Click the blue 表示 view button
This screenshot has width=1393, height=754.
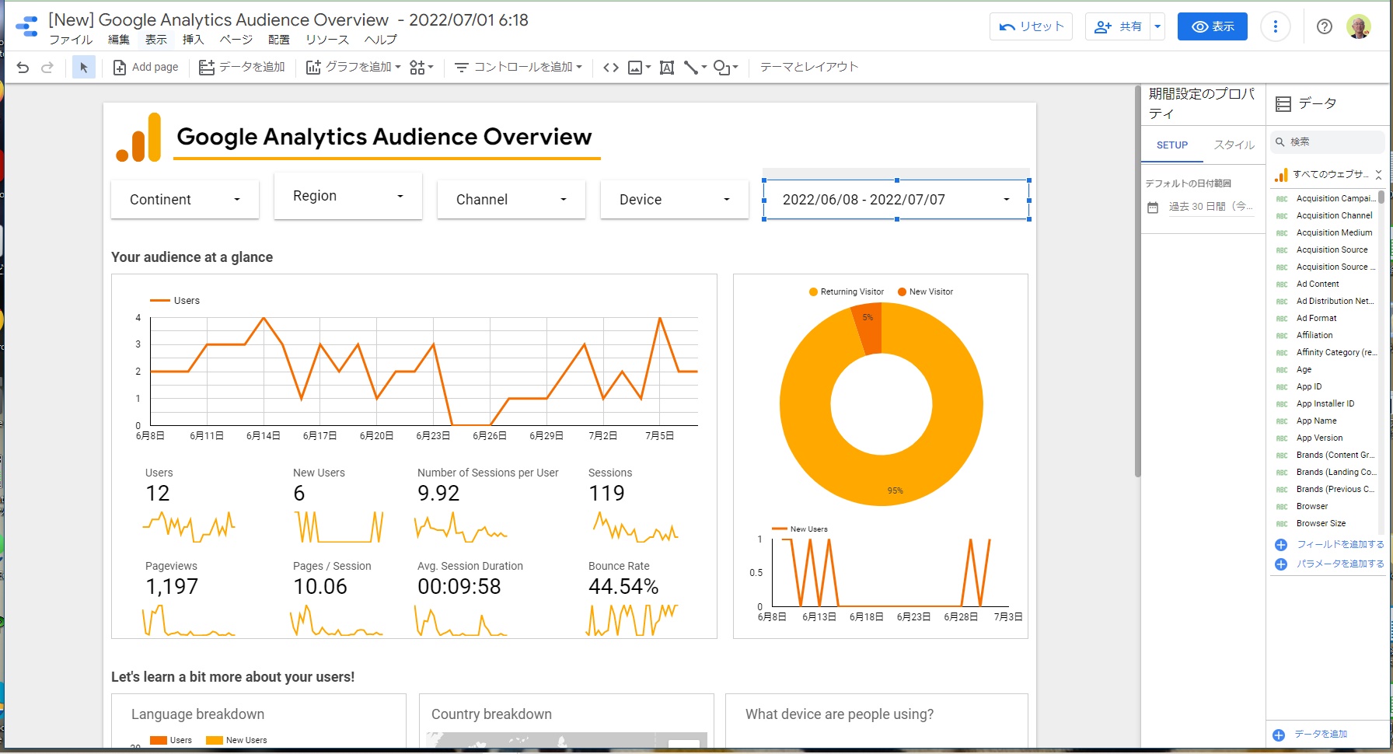(1212, 26)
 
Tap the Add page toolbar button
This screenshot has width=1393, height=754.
(146, 67)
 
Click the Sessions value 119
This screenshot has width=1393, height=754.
(606, 494)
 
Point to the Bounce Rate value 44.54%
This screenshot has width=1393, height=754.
(623, 587)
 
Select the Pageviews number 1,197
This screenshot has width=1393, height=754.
(172, 587)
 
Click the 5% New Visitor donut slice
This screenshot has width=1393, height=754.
(868, 326)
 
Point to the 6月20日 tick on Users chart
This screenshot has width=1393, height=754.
(376, 436)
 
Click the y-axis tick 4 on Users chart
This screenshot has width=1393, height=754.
(138, 318)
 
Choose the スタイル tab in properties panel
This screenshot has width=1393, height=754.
(1234, 145)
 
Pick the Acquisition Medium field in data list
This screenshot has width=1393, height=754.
(1334, 232)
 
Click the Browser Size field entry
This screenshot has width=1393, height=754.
(1321, 523)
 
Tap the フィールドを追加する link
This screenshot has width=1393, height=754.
(1339, 544)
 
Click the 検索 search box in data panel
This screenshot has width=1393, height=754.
(1329, 141)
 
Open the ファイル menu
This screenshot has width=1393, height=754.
(71, 40)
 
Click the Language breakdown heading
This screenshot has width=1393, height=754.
(197, 714)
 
